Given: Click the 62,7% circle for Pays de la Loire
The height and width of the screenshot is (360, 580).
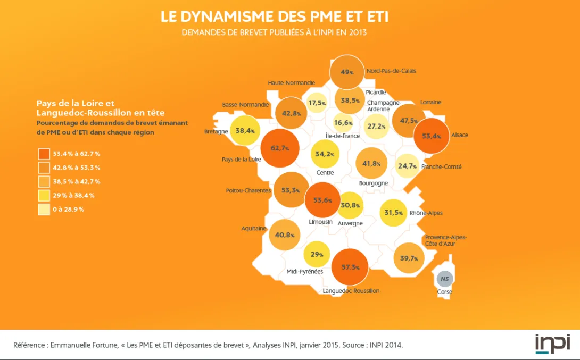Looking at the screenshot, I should coord(280,148).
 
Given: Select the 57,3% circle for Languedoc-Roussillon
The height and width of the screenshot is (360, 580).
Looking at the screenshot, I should coord(350,267).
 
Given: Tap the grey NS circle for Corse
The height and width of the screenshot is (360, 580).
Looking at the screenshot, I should coord(444,279).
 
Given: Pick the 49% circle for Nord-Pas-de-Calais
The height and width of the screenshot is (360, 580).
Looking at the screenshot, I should coord(347,72).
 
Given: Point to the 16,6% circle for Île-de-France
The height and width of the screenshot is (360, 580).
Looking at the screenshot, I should coord(343,123).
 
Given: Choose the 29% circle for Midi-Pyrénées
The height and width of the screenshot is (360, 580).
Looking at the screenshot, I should coord(317,254).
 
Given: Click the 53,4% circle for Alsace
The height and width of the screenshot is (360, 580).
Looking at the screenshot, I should coord(431,136).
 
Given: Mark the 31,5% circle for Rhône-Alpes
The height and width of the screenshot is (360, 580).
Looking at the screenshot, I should coord(393,213).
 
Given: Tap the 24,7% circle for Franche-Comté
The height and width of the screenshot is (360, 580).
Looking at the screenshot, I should coord(407,166).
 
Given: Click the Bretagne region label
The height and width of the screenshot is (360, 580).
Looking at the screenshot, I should coord(216,131).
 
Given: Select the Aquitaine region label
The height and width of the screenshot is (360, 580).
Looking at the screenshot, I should coord(254,228).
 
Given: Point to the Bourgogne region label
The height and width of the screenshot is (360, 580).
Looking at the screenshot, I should coord(374,183).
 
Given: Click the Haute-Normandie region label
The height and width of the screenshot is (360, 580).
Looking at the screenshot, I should coord(291,83).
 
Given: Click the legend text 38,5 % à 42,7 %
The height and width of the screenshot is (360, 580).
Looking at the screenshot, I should coord(76,181).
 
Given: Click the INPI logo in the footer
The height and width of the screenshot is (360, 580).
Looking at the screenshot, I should coord(552,344).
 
